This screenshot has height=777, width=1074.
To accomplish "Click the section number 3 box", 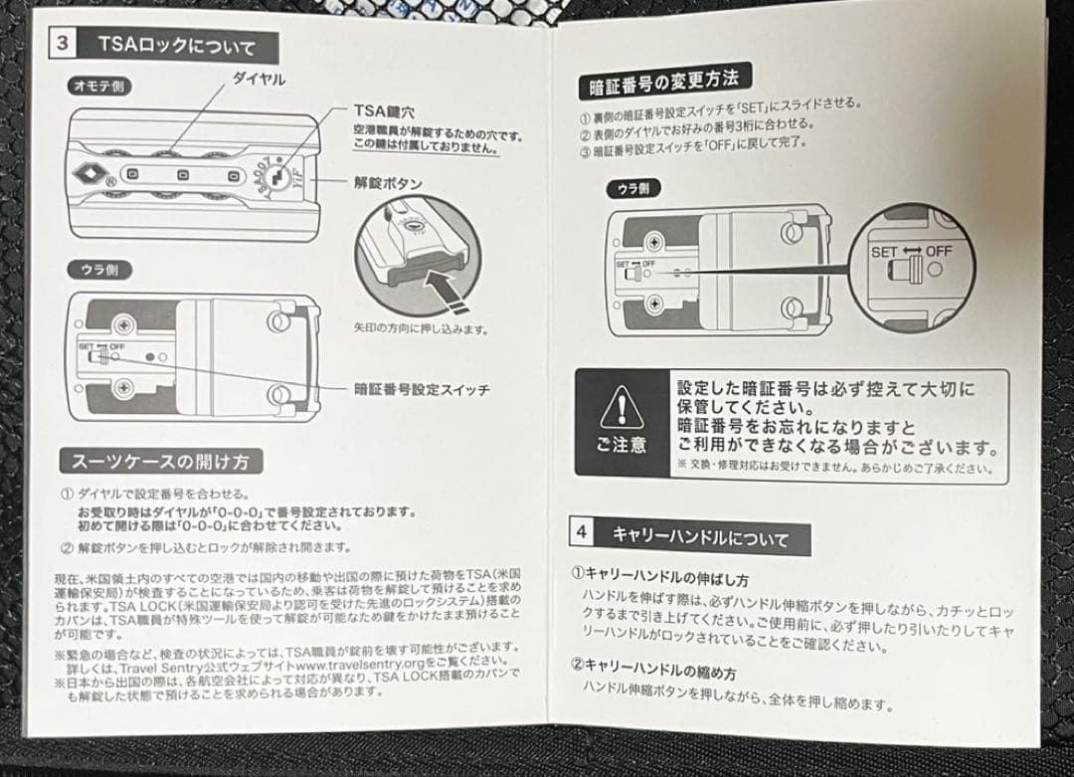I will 62,44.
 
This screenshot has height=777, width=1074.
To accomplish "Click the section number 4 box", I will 581,532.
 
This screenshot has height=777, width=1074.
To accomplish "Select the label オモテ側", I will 98,87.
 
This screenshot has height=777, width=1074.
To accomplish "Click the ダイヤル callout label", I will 259,80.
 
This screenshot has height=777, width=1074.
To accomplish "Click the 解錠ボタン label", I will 389,183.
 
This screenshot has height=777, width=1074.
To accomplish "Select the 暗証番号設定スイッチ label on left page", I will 422,389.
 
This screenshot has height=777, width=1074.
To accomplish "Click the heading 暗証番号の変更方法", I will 664,82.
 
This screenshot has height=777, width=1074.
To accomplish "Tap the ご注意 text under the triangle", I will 622,446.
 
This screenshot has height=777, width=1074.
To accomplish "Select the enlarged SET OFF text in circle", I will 911,252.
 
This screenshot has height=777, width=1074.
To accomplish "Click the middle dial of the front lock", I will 183,175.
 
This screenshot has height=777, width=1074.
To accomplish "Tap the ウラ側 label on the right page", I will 633,187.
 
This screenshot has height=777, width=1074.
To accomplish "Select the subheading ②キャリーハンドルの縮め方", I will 659,665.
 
